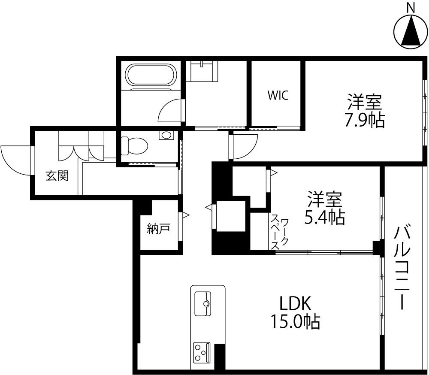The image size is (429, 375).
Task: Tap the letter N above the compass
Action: coord(411,7)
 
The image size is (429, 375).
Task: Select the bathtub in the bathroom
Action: coord(151,76)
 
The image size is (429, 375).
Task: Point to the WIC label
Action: coord(278,95)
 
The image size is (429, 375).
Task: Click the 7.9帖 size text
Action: coord(365,121)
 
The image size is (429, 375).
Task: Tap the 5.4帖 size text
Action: coord(324,218)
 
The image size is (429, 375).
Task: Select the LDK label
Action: coord(295,304)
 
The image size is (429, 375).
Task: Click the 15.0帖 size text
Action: coord(295,321)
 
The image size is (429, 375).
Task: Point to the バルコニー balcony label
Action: coord(402,266)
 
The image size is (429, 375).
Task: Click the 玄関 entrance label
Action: coord(57,175)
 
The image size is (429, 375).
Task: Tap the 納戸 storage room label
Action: coord(158,229)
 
